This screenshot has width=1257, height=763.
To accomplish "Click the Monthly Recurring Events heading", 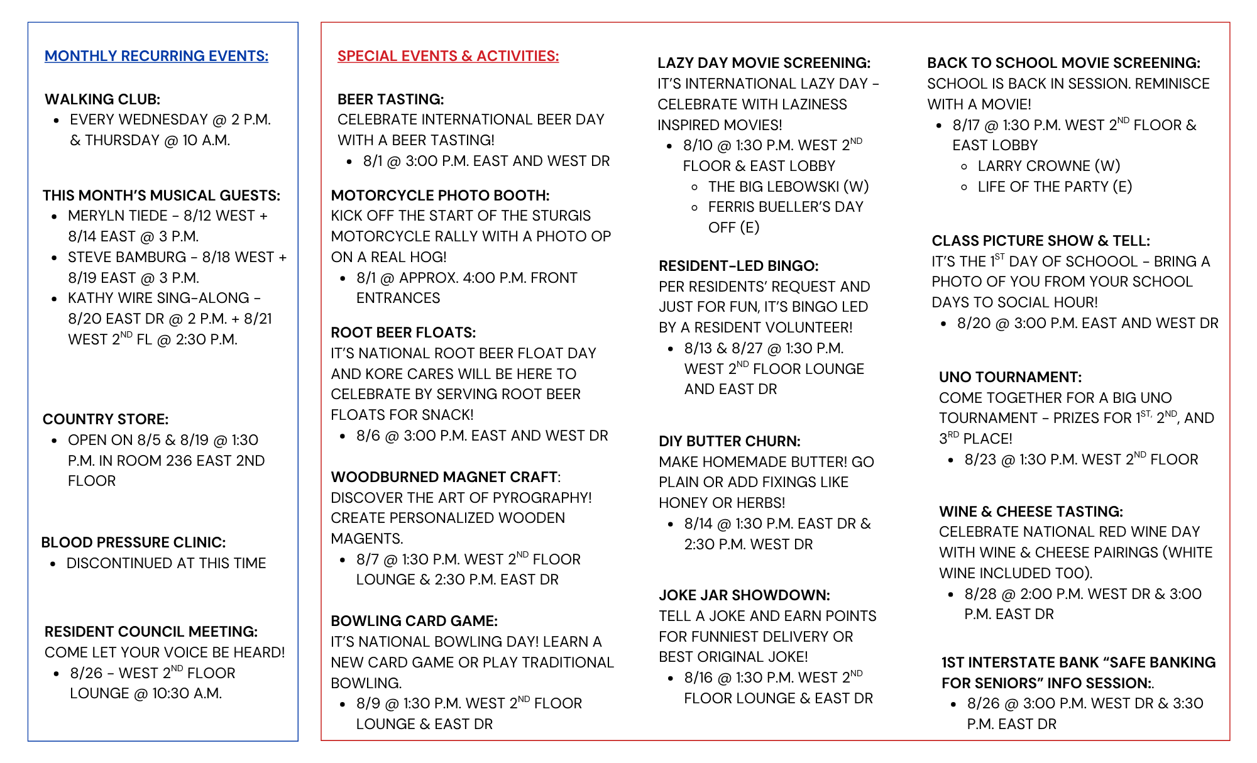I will coord(156,56).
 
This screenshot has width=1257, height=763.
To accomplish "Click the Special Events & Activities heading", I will coord(447,56).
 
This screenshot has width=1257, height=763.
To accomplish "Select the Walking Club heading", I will coord(102,99).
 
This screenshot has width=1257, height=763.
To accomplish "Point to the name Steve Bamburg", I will coord(127,257).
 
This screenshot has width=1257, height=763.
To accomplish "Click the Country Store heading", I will coord(105,419).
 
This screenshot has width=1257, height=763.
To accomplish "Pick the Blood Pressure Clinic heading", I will coord(133,542).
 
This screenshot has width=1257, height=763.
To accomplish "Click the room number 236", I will coord(178,461).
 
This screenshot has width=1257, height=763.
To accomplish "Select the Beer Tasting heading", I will coord(390,99).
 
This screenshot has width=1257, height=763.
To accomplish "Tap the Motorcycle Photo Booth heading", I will coord(440,195).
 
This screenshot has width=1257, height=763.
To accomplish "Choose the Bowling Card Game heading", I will coord(414,621).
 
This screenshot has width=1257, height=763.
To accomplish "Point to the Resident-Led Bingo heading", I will coord(738,266).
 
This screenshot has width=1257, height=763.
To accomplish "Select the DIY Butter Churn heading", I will coord(729,441).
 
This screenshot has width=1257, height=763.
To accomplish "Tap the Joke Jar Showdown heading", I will coord(744,595).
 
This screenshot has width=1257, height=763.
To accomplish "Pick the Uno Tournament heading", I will coord(1010,377).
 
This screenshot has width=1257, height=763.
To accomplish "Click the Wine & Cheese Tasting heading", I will coord(1031,512).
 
